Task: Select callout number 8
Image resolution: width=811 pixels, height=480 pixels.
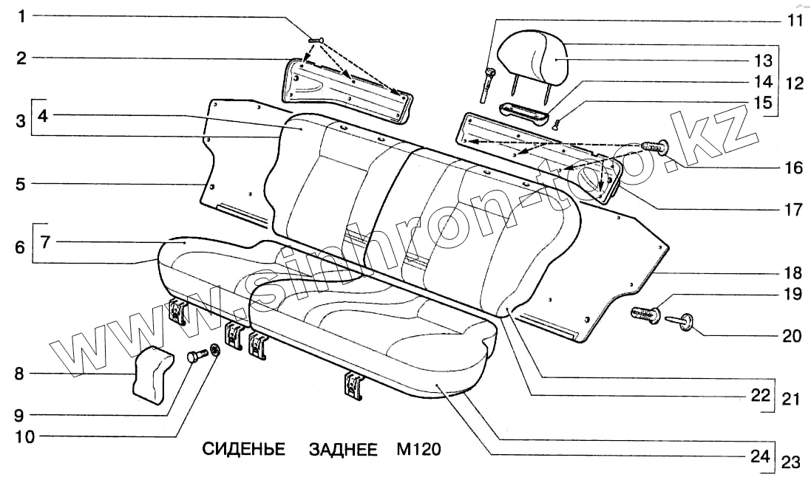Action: [x=20, y=374]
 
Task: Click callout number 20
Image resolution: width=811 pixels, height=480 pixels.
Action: [x=792, y=336]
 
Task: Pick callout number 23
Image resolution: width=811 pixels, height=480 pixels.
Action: [x=791, y=463]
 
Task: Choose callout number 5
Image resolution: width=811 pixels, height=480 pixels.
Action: [x=21, y=184]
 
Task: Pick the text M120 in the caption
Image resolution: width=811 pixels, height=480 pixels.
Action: [x=418, y=450]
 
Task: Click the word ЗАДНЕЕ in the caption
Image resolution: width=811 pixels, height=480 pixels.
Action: [x=343, y=450]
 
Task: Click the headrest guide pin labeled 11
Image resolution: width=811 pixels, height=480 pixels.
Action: [x=487, y=80]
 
